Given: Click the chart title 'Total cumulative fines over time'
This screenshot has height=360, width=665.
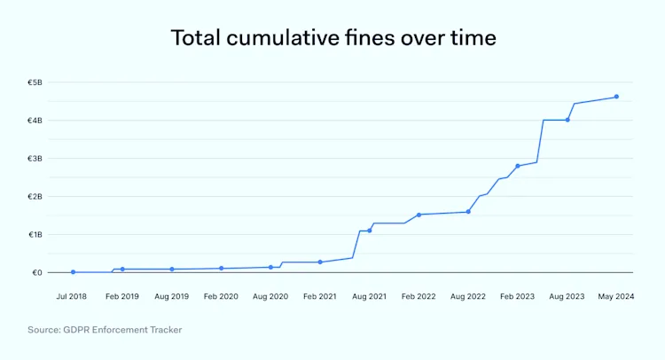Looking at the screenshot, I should tap(332, 38).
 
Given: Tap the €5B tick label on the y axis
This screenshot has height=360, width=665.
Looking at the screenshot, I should tap(35, 82).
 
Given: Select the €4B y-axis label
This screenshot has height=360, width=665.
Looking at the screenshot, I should tap(35, 121).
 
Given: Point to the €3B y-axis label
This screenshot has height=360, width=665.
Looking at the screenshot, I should tap(35, 159).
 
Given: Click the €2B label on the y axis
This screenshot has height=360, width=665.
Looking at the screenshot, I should tap(35, 197).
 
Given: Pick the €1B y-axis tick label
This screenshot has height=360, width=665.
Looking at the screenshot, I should tap(35, 235).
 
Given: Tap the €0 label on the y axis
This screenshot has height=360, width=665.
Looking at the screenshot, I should tap(36, 273).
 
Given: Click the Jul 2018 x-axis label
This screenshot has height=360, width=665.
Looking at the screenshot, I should tap(72, 295).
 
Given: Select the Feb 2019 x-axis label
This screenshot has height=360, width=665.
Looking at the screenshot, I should tap(121, 295).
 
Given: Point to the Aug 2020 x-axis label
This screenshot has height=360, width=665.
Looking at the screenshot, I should tap(270, 295).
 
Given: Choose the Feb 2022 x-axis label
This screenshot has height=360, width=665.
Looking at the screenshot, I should tap(419, 295).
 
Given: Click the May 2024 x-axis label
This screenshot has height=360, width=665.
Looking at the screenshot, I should tap(616, 295).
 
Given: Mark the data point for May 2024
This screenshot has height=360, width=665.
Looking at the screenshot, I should tap(616, 97).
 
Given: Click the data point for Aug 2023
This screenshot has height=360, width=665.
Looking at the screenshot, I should tap(567, 120).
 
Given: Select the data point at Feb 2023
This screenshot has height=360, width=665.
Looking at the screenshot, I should tap(518, 166).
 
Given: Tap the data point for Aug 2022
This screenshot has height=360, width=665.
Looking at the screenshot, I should tap(468, 212).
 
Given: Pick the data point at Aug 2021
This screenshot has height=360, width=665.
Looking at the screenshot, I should tap(370, 231).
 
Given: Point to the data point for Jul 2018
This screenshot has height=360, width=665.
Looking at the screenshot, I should tap(73, 272).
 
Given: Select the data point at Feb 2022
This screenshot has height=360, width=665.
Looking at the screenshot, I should tap(419, 215).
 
